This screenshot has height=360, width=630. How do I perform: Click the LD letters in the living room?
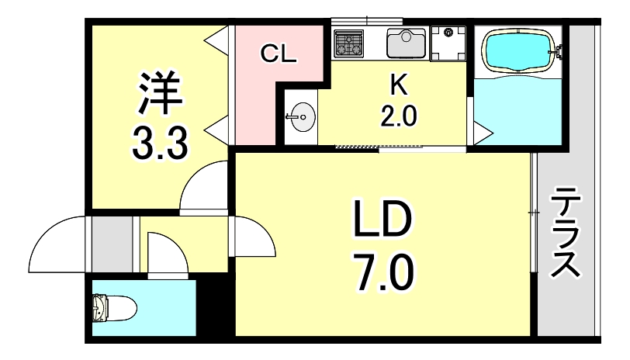tap(382, 223)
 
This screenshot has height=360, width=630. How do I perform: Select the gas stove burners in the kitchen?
tap(349, 44)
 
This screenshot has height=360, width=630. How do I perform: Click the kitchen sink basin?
tap(405, 43)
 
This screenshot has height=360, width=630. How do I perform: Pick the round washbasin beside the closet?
tap(301, 119)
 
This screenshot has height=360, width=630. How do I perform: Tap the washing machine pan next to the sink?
tap(448, 43)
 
